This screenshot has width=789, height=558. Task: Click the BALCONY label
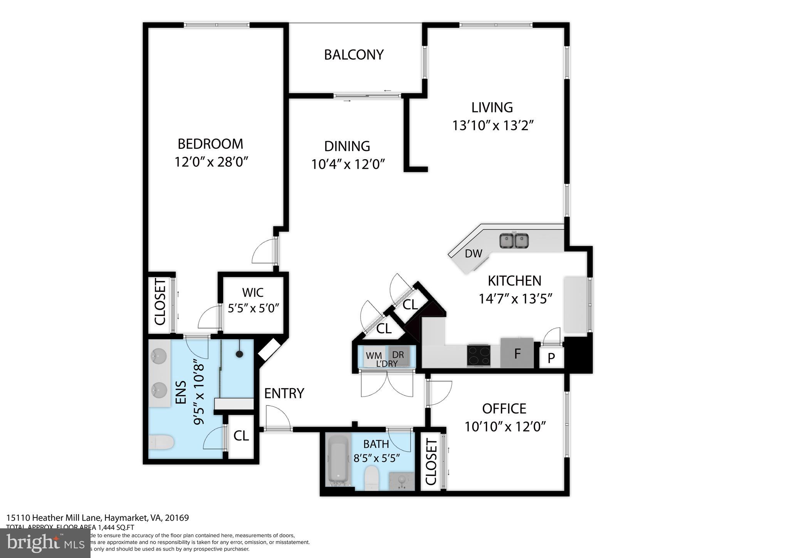click(x=354, y=55)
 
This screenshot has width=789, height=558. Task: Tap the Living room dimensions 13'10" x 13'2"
click(x=493, y=126)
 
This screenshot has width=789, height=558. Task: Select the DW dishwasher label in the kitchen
click(x=473, y=254)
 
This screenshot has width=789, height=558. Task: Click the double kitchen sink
click(x=514, y=241)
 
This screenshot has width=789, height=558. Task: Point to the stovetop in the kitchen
click(x=479, y=355)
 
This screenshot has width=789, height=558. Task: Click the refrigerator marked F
click(x=517, y=353)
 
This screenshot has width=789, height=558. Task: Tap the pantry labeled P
click(x=551, y=358)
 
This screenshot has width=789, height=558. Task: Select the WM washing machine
click(x=373, y=355)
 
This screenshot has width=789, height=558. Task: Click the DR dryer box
click(x=398, y=354)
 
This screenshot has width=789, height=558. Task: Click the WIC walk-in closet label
click(x=253, y=292)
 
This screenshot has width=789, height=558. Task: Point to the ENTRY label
click(x=284, y=393)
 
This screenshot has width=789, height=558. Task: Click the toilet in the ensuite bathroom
click(x=161, y=442)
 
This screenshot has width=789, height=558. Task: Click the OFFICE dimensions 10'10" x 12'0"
click(x=505, y=427)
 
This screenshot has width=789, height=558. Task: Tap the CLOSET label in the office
click(x=431, y=462)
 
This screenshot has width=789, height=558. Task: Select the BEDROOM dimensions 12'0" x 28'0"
click(x=210, y=162)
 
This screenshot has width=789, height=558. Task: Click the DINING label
click(x=347, y=146)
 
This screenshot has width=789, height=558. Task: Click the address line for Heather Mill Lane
click(x=97, y=518)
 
